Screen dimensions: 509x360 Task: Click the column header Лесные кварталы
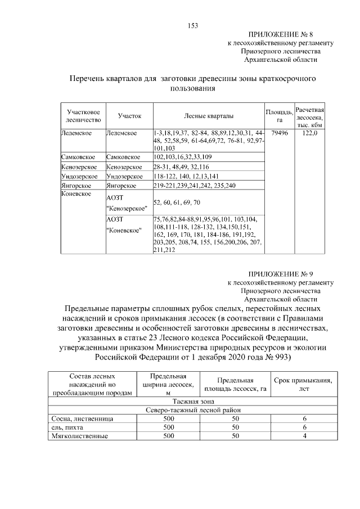pyautogui.click(x=208, y=115)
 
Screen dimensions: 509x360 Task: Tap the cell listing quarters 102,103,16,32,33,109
pyautogui.click(x=183, y=157)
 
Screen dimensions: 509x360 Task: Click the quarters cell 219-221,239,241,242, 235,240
pyautogui.click(x=194, y=185)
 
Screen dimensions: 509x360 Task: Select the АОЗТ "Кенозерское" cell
pyautogui.click(x=127, y=202)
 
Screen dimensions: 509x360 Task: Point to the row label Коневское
pyautogui.click(x=76, y=194)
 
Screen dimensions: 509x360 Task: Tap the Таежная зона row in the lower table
pyautogui.click(x=194, y=402)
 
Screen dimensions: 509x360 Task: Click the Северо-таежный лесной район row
pyautogui.click(x=194, y=410)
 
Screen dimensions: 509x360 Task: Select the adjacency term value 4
pyautogui.click(x=304, y=436)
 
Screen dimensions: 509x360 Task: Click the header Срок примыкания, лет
pyautogui.click(x=304, y=385)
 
